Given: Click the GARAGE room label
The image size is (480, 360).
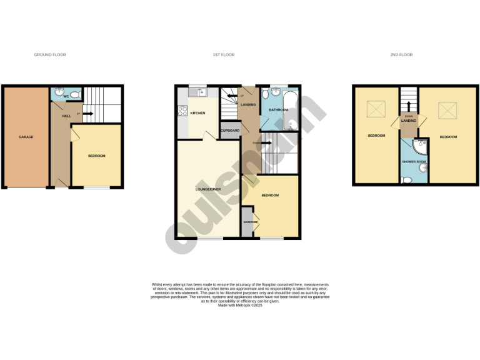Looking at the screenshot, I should point(26,137).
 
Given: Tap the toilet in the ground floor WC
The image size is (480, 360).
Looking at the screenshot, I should point(75,95).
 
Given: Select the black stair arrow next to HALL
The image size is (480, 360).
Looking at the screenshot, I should point(87,114).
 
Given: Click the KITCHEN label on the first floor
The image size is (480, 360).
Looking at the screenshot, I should point(197,113).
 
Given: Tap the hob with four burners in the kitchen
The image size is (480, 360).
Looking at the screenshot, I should point(183,111).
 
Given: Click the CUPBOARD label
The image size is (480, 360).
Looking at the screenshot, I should point(230,131).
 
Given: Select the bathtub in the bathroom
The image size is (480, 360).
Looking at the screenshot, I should point(292,109).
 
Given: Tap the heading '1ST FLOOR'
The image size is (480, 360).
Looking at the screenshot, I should point(223,55).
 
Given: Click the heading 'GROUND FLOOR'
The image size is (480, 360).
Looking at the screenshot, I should point(50,55).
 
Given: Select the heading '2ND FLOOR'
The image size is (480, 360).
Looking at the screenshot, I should point(401,55).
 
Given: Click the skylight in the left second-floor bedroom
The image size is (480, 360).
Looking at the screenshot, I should point(376,111).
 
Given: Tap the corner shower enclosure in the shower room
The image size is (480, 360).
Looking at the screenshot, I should point(421,146).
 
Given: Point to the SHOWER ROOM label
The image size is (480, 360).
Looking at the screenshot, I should point(413,162).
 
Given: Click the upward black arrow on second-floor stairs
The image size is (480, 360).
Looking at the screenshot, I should point(408,106).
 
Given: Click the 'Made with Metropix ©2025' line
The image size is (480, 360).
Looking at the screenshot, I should point(240,305).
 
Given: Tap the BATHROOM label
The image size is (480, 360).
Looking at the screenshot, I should point(277,110).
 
